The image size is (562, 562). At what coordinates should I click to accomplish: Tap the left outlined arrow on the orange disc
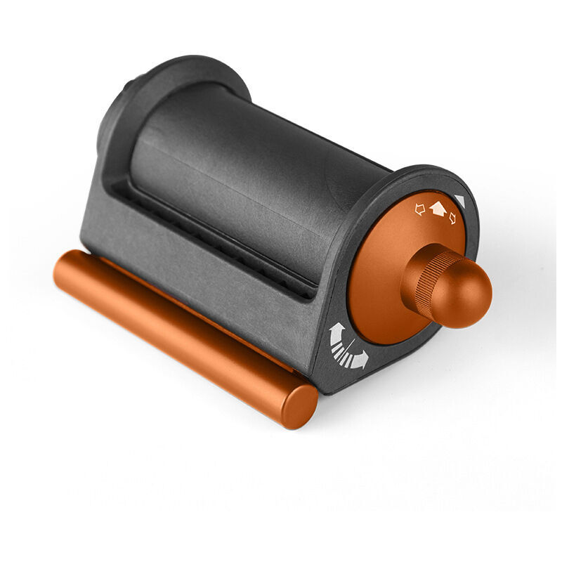[420, 209]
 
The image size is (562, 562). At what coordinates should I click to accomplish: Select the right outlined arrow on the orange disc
[452, 218]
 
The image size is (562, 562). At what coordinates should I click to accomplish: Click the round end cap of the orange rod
[299, 406]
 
